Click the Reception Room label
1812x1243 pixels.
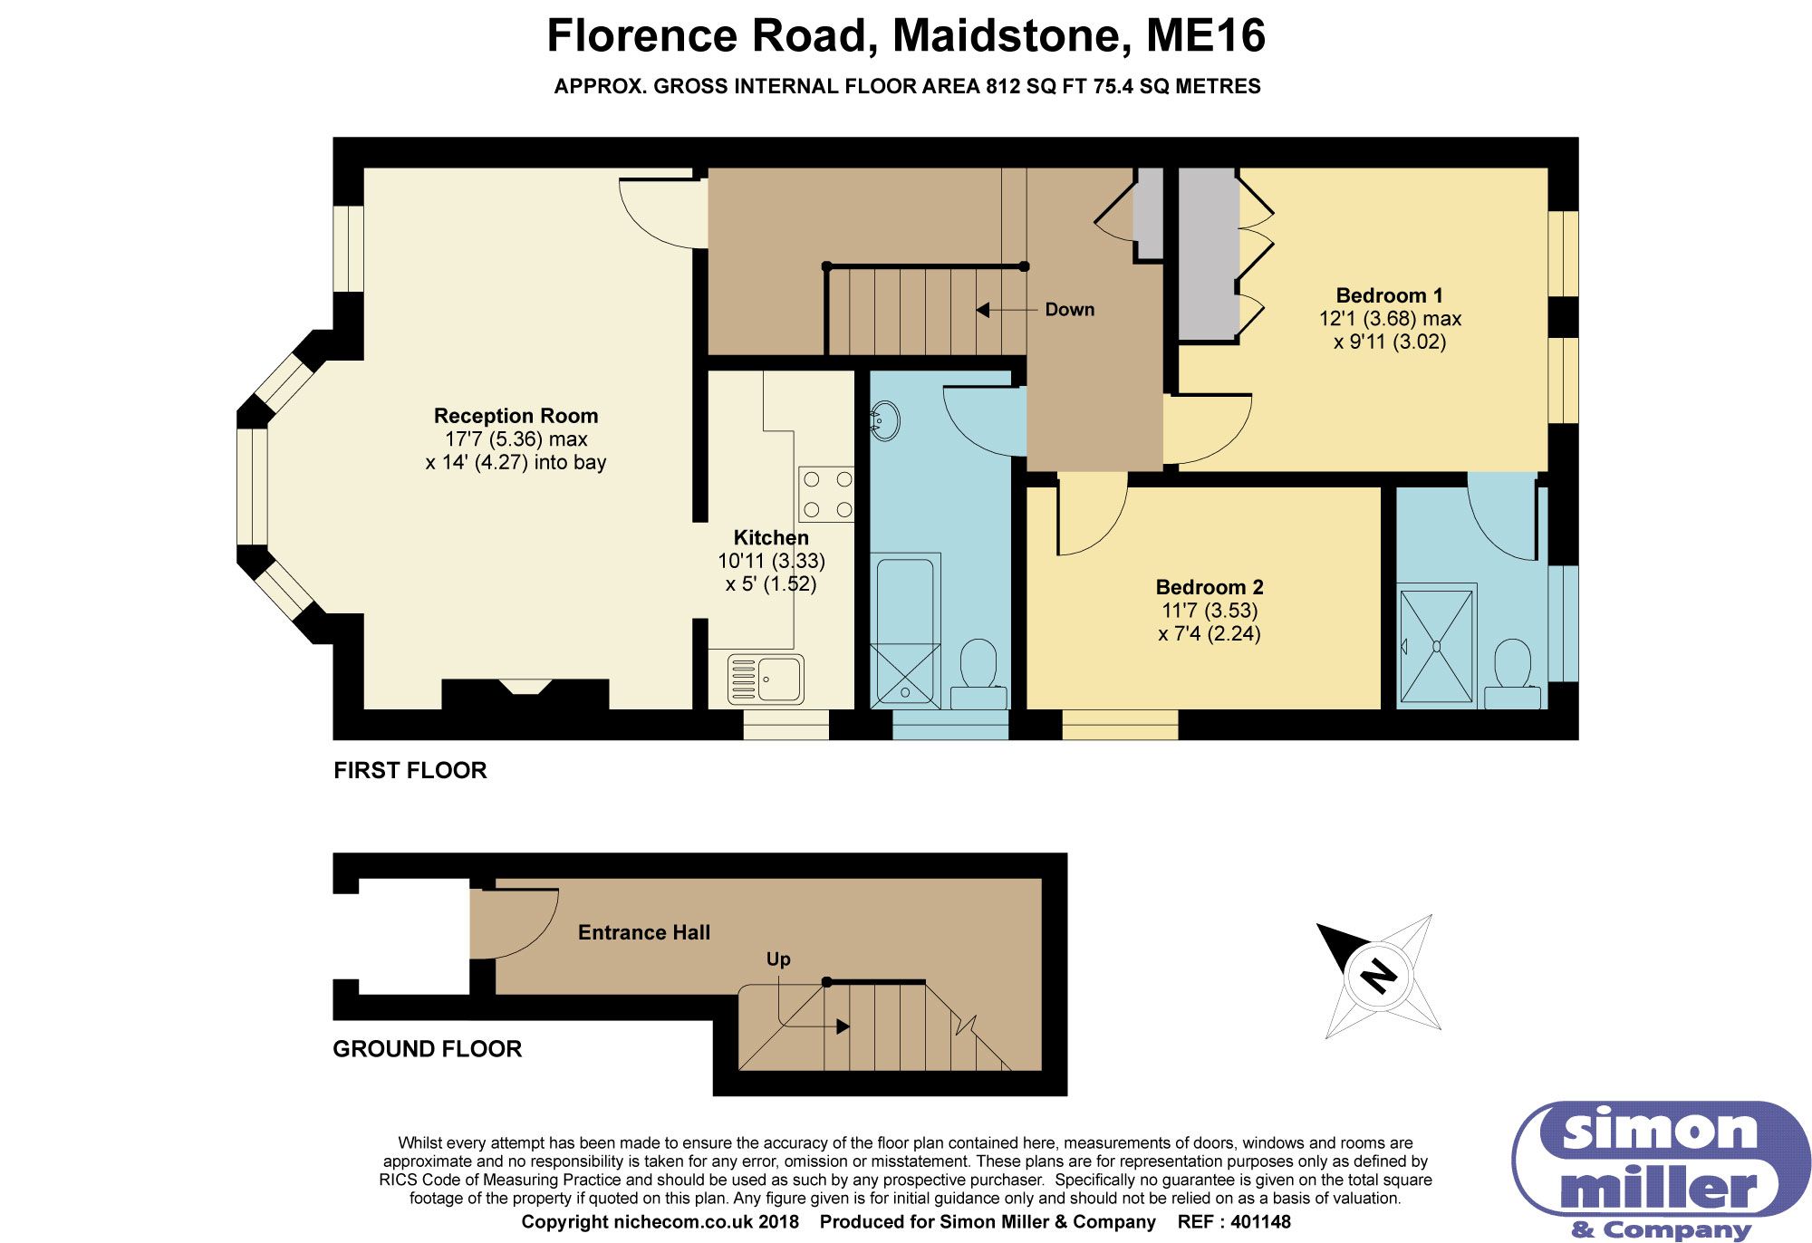click(x=516, y=416)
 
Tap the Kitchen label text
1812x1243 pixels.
click(x=771, y=537)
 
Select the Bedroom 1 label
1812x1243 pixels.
click(x=1389, y=295)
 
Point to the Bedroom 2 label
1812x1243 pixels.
click(x=1210, y=587)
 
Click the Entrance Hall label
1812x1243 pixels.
click(x=644, y=932)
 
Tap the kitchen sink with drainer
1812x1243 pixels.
click(x=766, y=679)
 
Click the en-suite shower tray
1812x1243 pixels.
click(x=1436, y=647)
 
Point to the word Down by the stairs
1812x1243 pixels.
click(x=1070, y=310)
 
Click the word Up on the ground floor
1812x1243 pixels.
click(x=778, y=959)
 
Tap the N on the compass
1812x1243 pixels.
click(x=1379, y=977)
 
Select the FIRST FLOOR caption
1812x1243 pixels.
click(x=410, y=770)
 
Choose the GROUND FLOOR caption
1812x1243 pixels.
click(x=428, y=1049)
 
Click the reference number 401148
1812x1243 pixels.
click(x=1260, y=1222)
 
